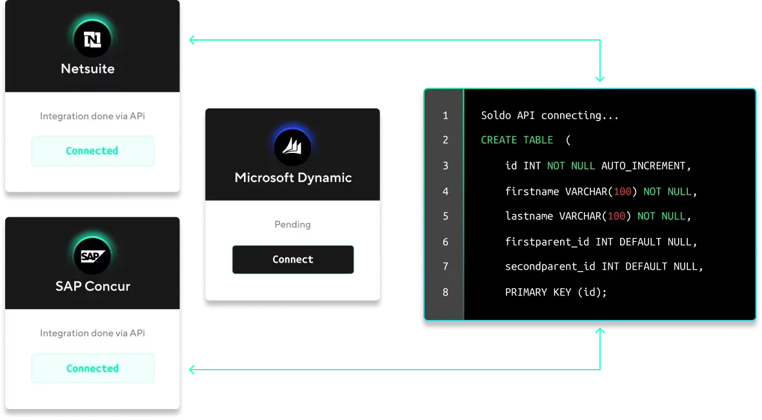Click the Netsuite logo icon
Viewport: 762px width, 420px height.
(92, 39)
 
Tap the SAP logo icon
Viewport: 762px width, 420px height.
(92, 255)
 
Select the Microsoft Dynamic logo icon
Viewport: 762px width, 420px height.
(292, 146)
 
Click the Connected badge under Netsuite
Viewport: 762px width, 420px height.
(92, 151)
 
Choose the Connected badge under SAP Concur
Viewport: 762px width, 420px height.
(92, 368)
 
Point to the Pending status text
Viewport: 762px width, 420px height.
(292, 224)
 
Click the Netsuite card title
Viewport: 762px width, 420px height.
(88, 68)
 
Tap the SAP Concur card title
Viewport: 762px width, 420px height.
(93, 286)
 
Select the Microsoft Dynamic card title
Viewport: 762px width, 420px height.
(293, 177)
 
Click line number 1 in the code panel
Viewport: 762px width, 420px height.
(445, 115)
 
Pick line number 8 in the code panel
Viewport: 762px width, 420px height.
(445, 292)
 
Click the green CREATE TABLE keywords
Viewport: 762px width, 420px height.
(517, 140)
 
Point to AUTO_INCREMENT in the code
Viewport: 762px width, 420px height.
(643, 166)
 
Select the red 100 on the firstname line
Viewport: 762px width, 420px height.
(622, 192)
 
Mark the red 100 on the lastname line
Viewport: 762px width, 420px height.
(616, 216)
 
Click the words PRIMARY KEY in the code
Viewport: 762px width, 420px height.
(538, 292)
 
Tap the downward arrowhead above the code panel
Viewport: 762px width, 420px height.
(600, 78)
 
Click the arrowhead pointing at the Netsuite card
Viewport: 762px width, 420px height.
(192, 40)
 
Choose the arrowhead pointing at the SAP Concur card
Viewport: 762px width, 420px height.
(192, 370)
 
